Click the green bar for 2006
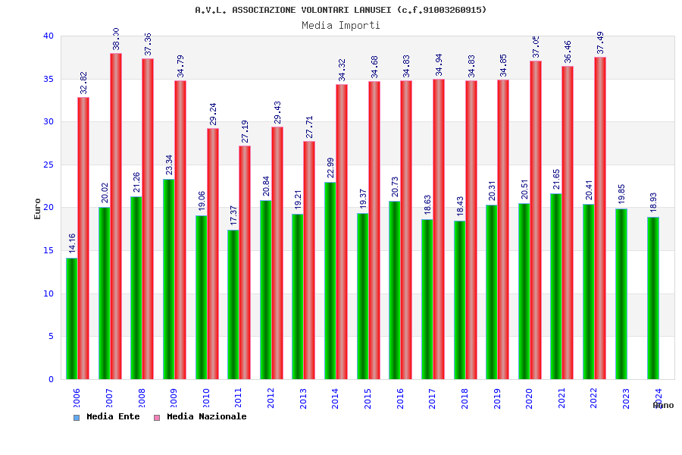[x=71, y=318]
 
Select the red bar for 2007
[x=116, y=216]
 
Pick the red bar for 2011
[x=245, y=262]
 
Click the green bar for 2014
[x=330, y=281]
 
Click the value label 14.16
[x=73, y=243]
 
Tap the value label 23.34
[x=170, y=165]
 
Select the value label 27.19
[x=246, y=131]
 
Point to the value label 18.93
[x=654, y=203]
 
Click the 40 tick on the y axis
[x=48, y=36]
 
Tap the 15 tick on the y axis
[x=48, y=250]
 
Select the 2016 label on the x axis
[x=400, y=398]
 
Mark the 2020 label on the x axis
[x=530, y=398]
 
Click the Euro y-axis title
[x=38, y=209]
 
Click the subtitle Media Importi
[x=341, y=25]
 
